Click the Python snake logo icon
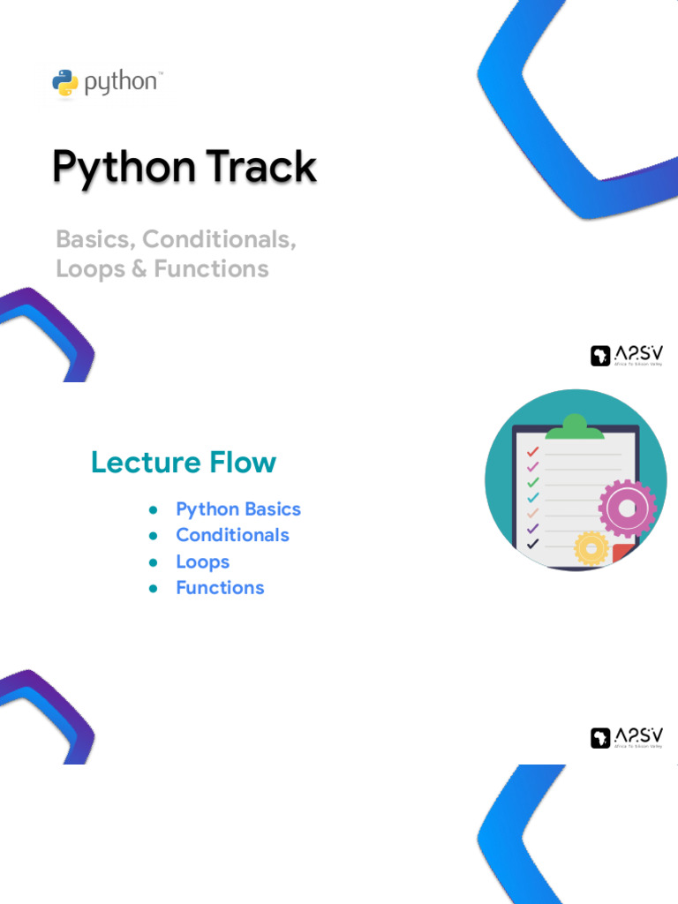coord(65,83)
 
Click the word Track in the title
coord(260,168)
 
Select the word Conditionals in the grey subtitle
coord(220,239)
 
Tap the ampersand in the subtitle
coord(139,268)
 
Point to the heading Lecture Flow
coord(184,462)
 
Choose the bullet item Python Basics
coord(238,509)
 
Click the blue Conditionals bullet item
coord(232,535)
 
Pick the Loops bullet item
coord(202,561)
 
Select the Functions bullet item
coord(220,588)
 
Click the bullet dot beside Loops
coord(153,561)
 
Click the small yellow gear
coord(590,547)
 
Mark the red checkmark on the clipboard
coord(532,452)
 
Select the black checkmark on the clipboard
coord(532,544)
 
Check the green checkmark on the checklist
coord(532,482)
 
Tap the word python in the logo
coord(121,84)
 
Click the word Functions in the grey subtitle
coord(211,268)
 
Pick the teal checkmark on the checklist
coord(532,498)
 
